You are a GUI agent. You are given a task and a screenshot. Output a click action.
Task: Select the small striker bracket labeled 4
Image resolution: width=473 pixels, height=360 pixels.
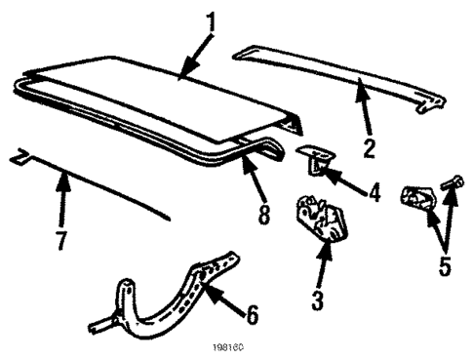coord(315,156)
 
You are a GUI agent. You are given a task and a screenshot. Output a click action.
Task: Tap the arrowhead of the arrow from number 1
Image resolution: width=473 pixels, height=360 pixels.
coord(181,72)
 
